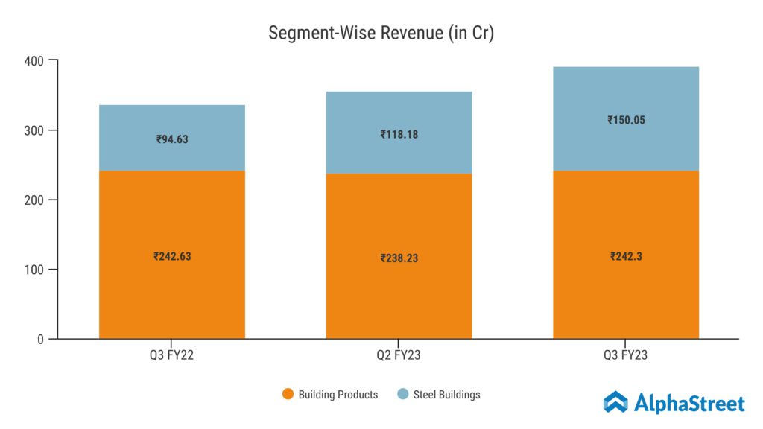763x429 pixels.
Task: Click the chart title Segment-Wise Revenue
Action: click(381, 33)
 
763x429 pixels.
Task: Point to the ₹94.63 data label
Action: click(172, 139)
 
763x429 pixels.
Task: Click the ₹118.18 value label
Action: click(399, 135)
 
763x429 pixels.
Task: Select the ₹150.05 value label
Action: click(626, 119)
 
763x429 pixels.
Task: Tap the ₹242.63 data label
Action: click(172, 256)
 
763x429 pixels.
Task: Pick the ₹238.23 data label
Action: click(399, 258)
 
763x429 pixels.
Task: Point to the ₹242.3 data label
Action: click(626, 256)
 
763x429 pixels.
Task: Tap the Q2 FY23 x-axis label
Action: click(399, 356)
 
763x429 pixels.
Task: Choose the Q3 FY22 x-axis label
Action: click(172, 356)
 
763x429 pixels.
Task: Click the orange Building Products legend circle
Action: click(288, 395)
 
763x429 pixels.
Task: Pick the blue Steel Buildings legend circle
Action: click(403, 395)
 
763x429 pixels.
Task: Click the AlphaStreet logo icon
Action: click(615, 402)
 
